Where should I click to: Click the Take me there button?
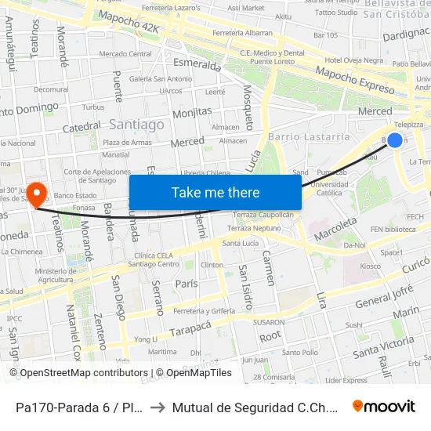215,192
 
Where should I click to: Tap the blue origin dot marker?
395,140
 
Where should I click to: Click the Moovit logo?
383,406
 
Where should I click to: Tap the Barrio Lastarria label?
309,136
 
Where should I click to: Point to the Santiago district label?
136,125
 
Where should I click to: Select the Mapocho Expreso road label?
354,80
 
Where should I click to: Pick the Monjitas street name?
192,112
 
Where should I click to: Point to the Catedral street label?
81,127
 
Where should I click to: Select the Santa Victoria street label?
383,346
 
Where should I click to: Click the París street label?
187,284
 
